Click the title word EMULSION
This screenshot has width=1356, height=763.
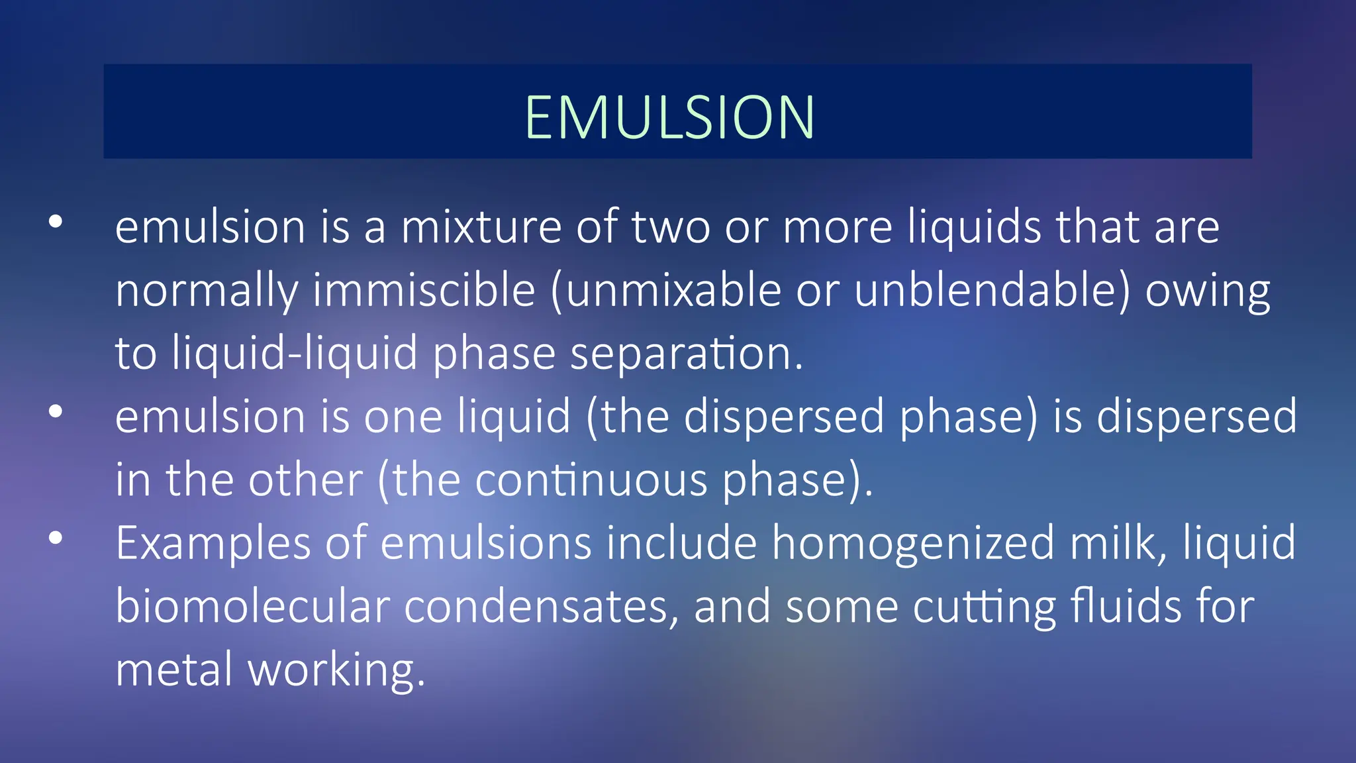click(669, 117)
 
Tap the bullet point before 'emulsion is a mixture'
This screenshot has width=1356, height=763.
click(56, 222)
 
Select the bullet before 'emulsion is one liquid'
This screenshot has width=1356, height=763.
click(56, 411)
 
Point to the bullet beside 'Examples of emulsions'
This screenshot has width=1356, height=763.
click(56, 538)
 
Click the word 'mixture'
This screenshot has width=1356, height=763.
click(481, 227)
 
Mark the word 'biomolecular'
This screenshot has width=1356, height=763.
click(252, 606)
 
